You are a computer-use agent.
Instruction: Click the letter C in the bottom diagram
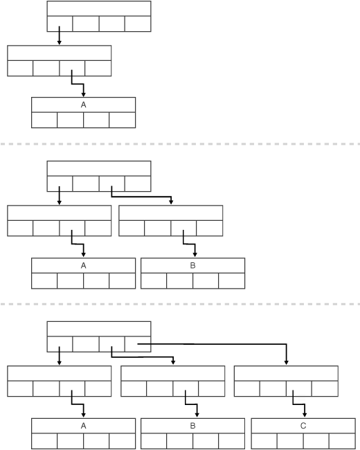pos(303,426)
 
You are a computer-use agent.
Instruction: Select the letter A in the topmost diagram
pos(84,105)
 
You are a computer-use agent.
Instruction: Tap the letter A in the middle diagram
pos(84,265)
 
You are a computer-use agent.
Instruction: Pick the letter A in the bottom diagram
pos(84,426)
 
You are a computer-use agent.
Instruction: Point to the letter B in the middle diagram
pos(192,265)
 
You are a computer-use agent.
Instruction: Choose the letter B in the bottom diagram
pos(192,426)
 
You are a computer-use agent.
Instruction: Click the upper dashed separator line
pos(180,144)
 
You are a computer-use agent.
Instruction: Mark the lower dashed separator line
pos(180,304)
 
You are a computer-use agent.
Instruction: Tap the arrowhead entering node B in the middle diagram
pos(193,255)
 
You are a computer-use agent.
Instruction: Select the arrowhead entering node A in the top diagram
pos(84,95)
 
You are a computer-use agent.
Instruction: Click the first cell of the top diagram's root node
pos(60,24)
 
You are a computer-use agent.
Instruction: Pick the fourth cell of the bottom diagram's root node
pos(137,344)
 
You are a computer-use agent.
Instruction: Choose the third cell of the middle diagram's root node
pos(111,183)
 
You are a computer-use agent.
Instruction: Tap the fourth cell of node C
pos(342,441)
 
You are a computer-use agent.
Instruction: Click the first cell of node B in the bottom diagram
pos(154,441)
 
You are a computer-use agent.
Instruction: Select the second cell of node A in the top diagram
pos(70,119)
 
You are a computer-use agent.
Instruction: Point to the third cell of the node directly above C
pos(299,388)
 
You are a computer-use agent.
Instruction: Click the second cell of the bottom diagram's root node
pos(86,344)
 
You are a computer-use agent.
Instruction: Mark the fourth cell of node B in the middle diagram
pos(232,280)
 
